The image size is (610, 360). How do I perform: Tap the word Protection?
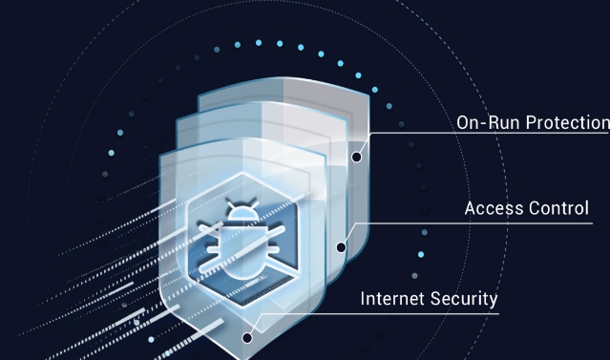[562, 122]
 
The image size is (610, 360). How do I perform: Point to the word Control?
[558, 208]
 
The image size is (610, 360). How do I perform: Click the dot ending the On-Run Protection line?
[356, 157]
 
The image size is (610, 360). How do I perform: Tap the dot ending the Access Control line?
[341, 246]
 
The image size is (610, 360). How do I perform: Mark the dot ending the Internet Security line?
[247, 336]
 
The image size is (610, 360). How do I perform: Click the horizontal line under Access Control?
[496, 224]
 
